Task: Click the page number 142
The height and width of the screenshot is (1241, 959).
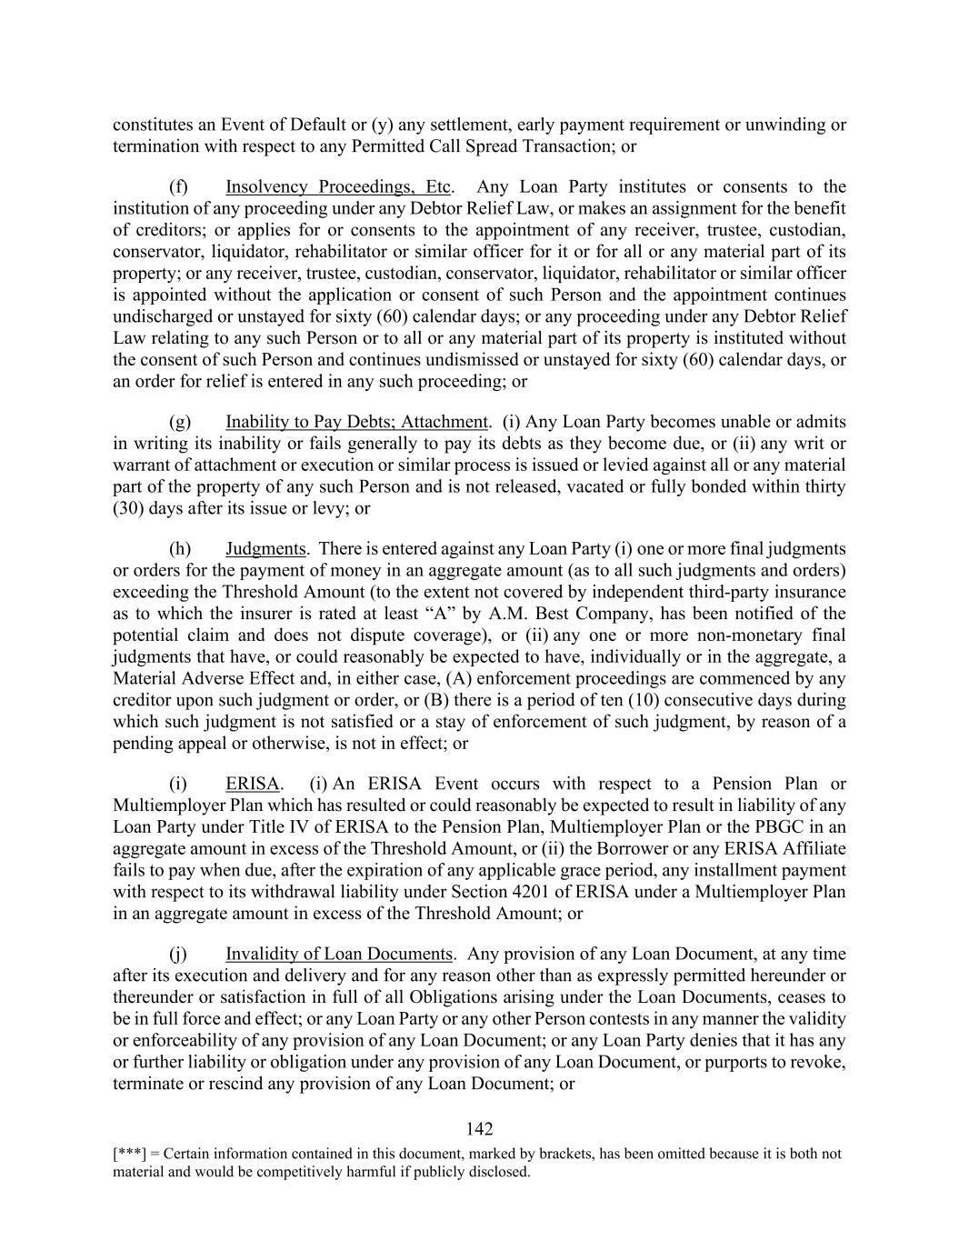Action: click(x=479, y=1129)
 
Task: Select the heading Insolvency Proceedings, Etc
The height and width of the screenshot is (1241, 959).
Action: click(x=338, y=187)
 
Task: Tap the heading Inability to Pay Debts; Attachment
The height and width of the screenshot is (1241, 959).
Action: click(x=357, y=422)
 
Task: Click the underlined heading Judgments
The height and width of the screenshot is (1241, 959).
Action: click(x=265, y=549)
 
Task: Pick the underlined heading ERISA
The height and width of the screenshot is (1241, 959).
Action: click(x=252, y=784)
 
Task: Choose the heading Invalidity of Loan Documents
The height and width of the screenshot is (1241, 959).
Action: click(x=339, y=954)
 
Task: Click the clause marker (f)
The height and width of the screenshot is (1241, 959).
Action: click(x=178, y=187)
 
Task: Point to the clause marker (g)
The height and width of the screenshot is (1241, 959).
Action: click(x=179, y=422)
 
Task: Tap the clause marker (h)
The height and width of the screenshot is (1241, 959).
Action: click(x=179, y=549)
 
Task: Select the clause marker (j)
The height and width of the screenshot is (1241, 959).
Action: click(x=178, y=954)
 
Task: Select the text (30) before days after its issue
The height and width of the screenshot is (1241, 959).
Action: click(x=128, y=508)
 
